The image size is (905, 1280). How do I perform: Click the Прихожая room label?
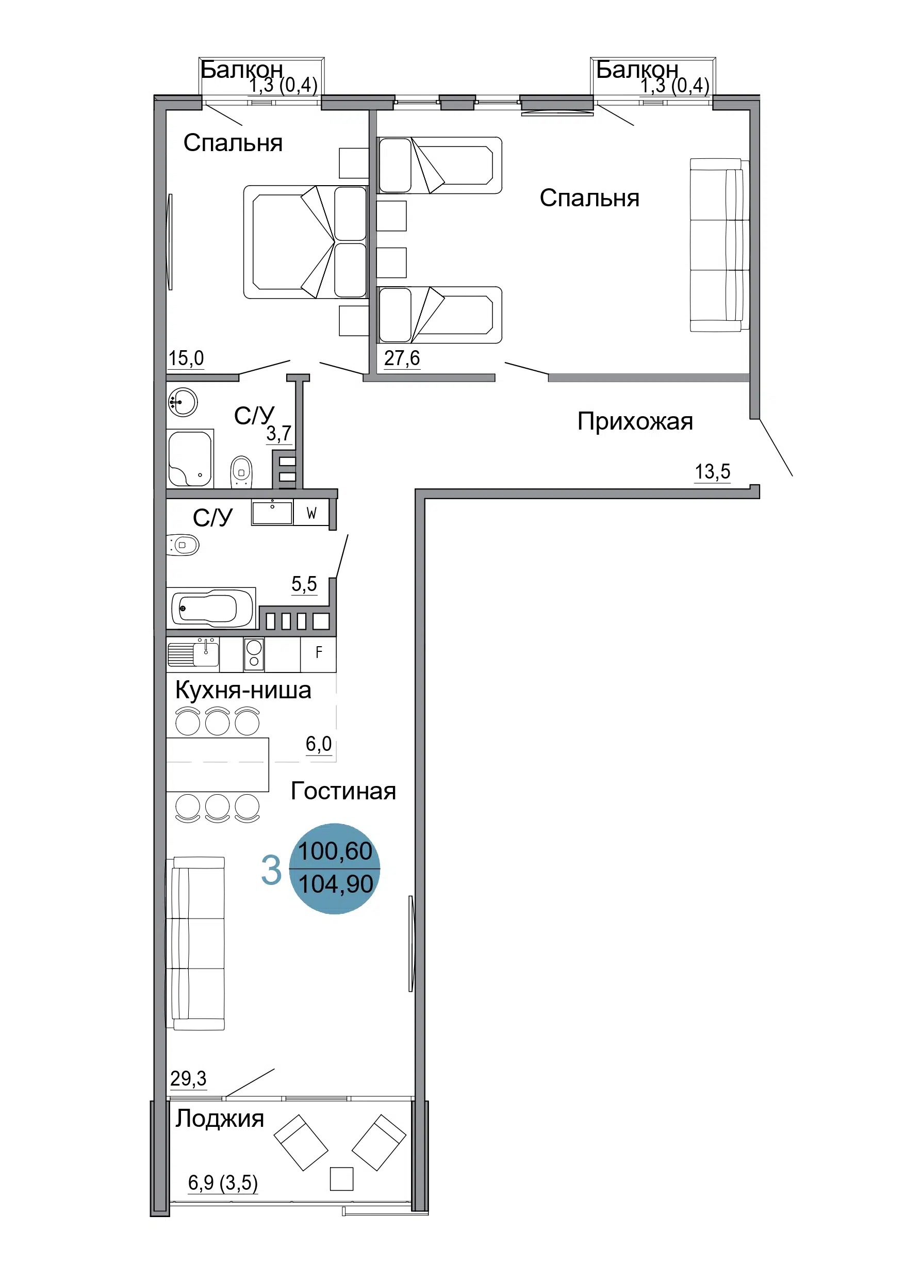tap(635, 422)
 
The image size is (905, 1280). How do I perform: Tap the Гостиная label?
tap(343, 791)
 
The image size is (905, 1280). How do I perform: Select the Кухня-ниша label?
tap(243, 690)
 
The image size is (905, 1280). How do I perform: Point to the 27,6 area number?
tap(402, 358)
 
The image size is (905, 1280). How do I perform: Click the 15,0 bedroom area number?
tap(186, 358)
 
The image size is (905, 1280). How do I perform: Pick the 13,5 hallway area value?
tap(712, 472)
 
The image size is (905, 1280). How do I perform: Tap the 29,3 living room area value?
tap(188, 1079)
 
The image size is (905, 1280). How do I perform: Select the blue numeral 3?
tap(271, 870)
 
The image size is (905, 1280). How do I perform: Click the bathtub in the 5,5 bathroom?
tap(212, 608)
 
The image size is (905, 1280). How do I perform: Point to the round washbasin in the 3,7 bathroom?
tap(183, 401)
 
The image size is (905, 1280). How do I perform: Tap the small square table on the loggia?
tap(341, 1179)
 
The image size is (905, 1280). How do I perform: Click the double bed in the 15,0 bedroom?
tap(306, 242)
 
